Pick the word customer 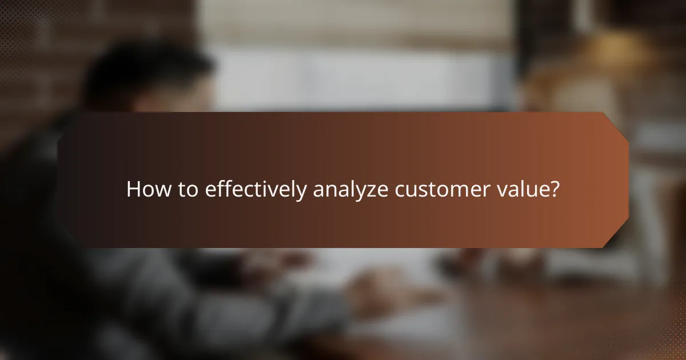pyautogui.click(x=444, y=189)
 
